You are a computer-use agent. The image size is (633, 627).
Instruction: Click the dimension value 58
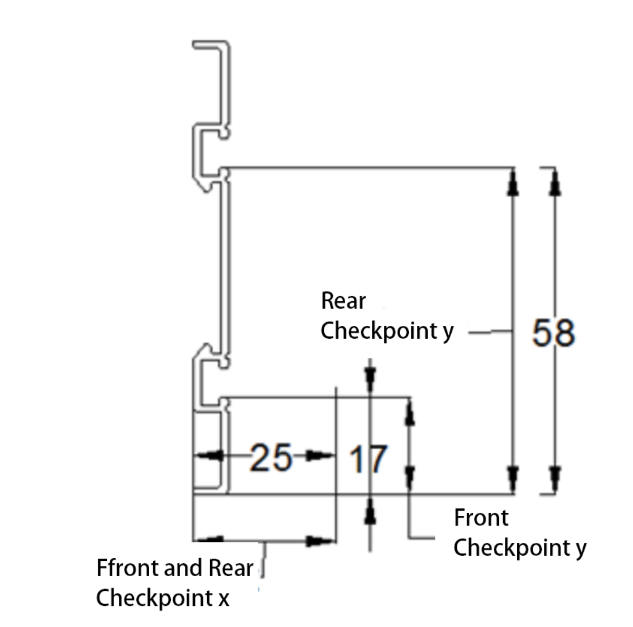[553, 333]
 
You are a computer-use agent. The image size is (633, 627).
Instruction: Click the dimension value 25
[271, 457]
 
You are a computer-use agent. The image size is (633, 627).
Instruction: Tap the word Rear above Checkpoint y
[343, 301]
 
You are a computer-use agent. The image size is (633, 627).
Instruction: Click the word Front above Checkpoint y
[481, 518]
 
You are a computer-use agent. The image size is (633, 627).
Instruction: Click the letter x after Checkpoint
[223, 598]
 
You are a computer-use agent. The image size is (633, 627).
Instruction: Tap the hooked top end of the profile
[211, 46]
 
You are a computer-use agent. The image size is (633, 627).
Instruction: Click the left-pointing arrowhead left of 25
[208, 456]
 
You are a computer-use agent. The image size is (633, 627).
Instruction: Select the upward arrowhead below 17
[370, 513]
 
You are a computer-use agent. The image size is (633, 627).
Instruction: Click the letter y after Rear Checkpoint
[448, 332]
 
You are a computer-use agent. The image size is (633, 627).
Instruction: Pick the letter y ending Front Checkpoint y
[580, 549]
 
